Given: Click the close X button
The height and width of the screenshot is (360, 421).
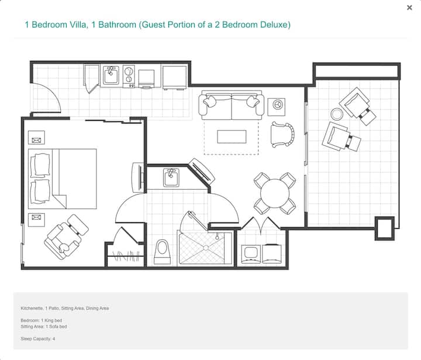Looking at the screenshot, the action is coord(409,8).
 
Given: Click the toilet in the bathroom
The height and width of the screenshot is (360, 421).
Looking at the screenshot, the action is coord(162,252).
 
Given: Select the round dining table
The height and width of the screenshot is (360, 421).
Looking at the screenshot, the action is coord(275,193).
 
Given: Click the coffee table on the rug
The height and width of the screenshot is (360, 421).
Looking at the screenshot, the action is coord(232,136).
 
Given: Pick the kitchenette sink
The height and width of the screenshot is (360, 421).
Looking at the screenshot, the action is coord(111,76).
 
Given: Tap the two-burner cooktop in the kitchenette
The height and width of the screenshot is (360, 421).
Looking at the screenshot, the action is coord(129,76).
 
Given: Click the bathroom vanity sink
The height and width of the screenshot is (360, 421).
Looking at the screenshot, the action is coord(171,177).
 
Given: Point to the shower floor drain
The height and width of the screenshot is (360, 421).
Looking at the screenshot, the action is coord(206,248).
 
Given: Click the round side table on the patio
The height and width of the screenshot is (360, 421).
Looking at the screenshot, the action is coord(337,114).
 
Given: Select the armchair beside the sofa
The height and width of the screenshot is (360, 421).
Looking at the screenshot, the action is coord(282,135).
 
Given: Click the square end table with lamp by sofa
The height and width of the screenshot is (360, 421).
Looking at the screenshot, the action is coord(276,107).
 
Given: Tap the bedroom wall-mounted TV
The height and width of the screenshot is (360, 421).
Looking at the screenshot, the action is coord(139,177).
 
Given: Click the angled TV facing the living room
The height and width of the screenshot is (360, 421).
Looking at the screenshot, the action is coord(202,172).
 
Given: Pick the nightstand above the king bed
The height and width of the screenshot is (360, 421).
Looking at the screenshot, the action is coord(36,138).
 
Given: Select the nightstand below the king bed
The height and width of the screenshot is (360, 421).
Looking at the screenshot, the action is coord(36,220).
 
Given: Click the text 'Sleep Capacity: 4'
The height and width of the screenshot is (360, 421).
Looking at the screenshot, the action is coord(38,339).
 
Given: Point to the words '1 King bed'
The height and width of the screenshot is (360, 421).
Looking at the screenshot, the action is coord(51,320).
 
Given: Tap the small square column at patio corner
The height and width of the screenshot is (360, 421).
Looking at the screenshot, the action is coord(385,228).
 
